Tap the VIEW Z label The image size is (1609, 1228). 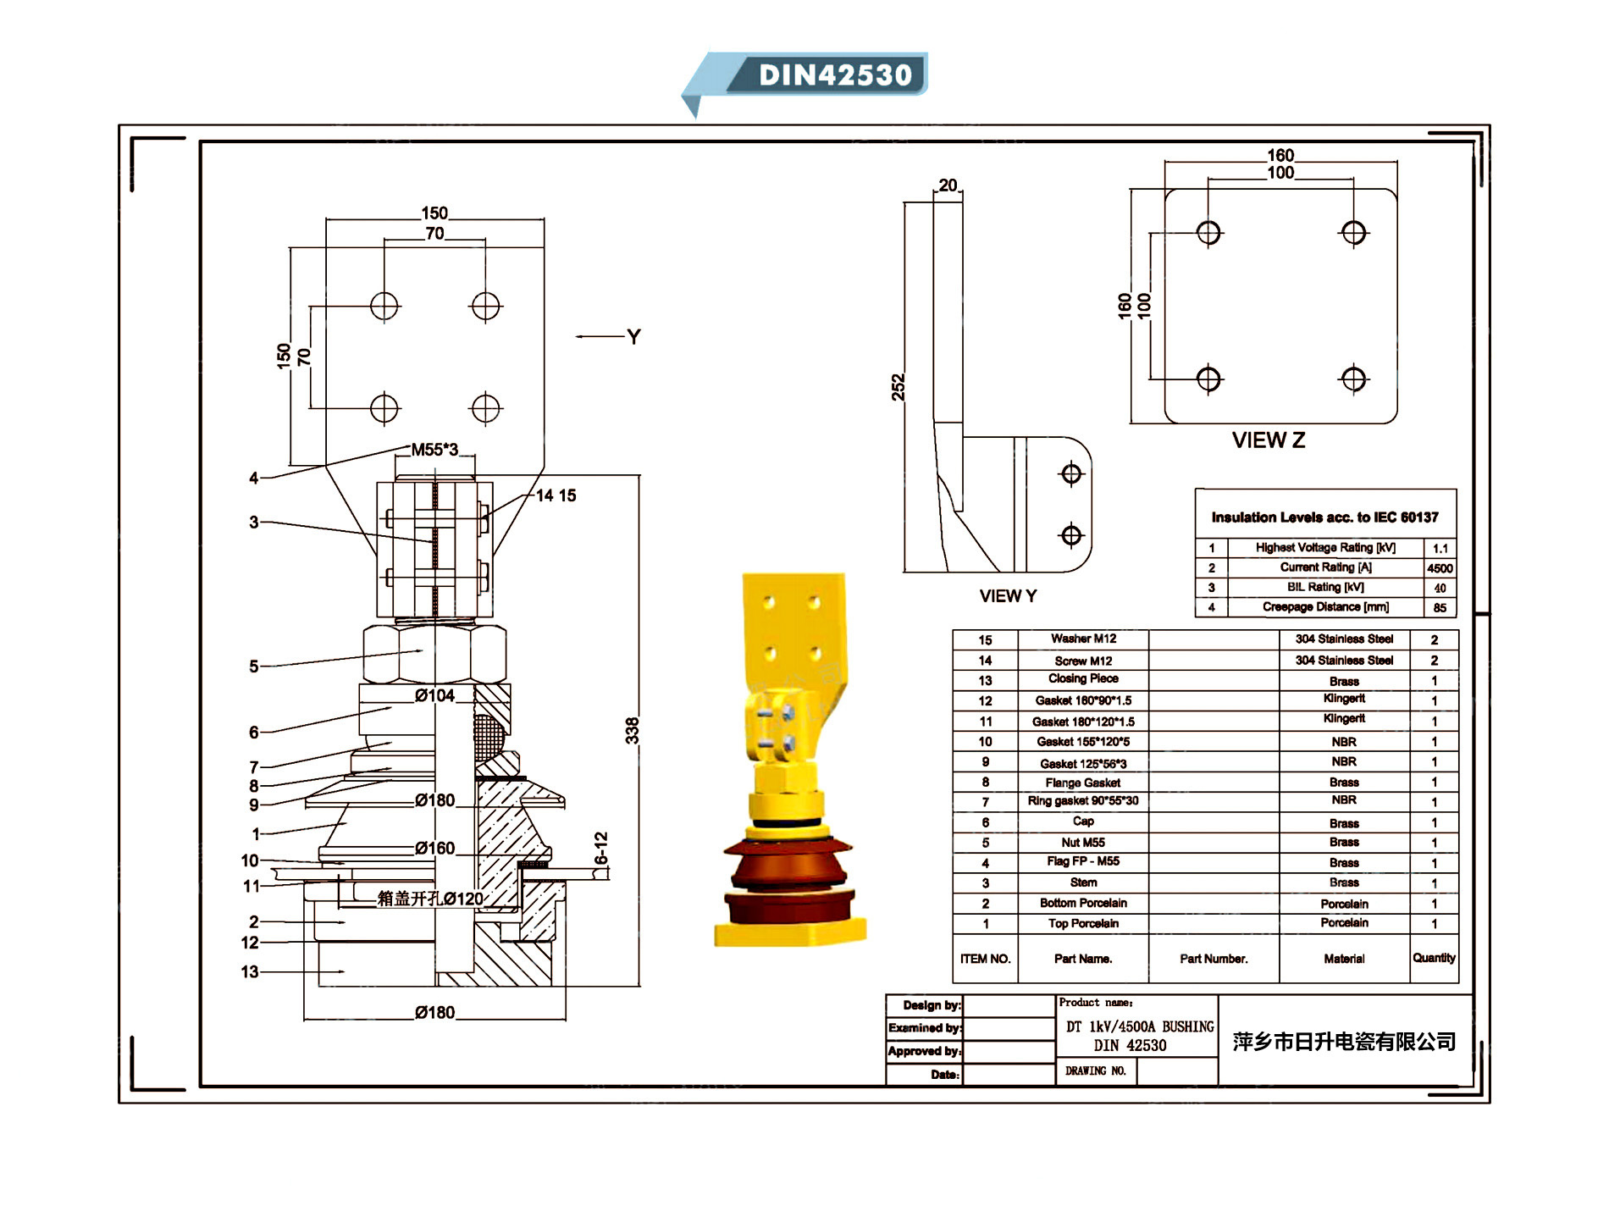tap(1268, 440)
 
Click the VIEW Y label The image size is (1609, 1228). tap(1008, 596)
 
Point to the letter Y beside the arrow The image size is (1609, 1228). tap(633, 337)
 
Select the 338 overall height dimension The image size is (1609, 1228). tap(632, 730)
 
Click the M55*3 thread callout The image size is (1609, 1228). tap(434, 450)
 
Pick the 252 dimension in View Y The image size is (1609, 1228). tap(898, 387)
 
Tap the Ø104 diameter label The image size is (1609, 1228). tap(434, 696)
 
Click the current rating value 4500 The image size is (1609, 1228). tap(1439, 568)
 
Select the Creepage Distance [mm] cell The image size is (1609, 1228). tap(1325, 607)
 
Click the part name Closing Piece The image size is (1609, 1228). tap(1083, 679)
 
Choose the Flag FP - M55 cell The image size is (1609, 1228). tap(1083, 861)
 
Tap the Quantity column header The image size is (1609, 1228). tap(1434, 958)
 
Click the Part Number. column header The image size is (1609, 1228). tap(1214, 959)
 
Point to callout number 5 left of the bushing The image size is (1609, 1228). tap(253, 667)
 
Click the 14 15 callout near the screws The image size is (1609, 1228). tap(556, 495)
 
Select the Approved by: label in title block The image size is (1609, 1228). tap(924, 1051)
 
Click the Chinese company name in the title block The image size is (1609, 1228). tap(1344, 1042)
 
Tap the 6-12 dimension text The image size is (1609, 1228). tap(601, 849)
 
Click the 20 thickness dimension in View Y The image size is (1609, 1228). tap(948, 185)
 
